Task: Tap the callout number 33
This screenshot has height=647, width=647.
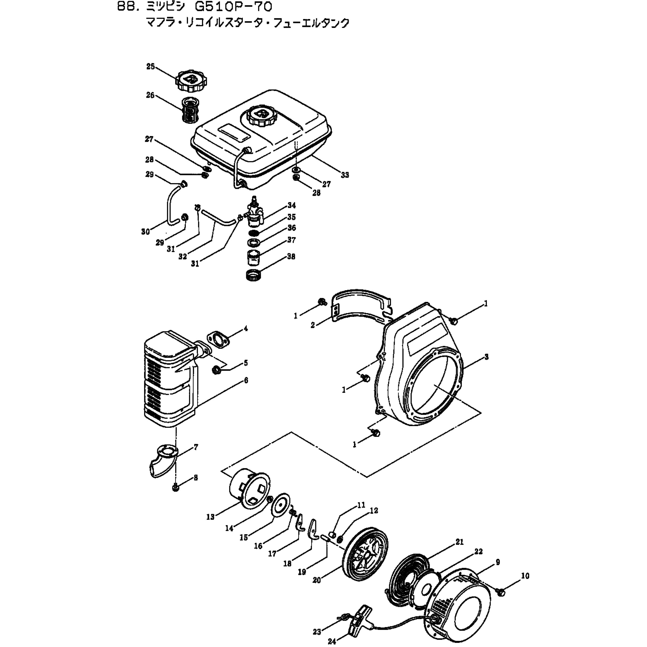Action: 345,175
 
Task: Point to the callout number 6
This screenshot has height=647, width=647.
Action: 246,380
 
